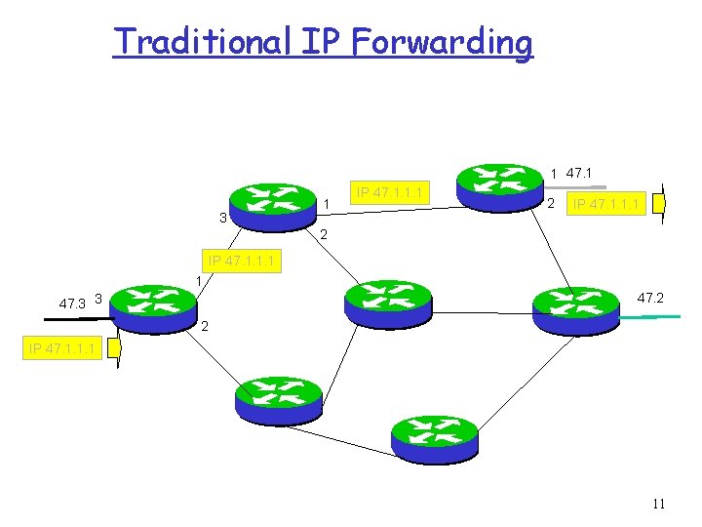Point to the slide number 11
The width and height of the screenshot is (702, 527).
click(x=658, y=504)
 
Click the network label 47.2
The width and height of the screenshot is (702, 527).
click(x=650, y=297)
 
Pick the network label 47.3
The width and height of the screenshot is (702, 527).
click(x=72, y=304)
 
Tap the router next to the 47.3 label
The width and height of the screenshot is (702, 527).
click(x=154, y=305)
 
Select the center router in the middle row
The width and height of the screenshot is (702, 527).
click(x=387, y=303)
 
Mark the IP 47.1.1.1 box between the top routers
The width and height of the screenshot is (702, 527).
click(x=389, y=192)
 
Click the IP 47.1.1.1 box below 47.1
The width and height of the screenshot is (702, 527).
click(x=606, y=204)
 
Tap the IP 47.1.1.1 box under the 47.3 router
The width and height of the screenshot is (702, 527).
click(x=63, y=347)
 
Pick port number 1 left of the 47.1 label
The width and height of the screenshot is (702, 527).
click(x=554, y=174)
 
